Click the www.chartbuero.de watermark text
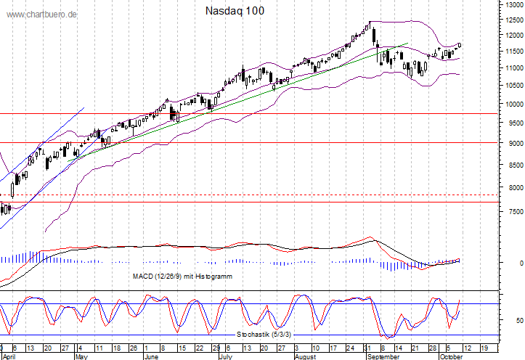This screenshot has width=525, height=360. pos(42,15)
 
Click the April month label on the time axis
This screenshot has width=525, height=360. pos(9,356)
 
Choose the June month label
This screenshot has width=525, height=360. pos(151,356)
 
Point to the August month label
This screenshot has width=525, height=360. pos(307,356)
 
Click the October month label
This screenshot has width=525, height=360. pos(451,356)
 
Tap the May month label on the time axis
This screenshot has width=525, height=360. pos(82,356)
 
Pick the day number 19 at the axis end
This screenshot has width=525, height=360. pos(484,348)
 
